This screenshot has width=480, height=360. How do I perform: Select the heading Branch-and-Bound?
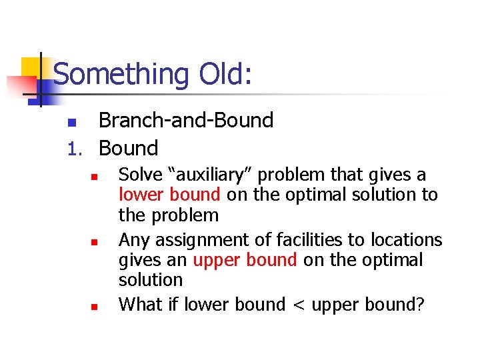[x=186, y=120]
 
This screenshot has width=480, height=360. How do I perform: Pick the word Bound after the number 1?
[x=128, y=148]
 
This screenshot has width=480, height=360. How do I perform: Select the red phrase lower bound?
[x=169, y=195]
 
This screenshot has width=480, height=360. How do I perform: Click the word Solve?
[x=141, y=175]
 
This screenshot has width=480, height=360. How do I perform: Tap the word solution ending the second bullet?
[x=150, y=280]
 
